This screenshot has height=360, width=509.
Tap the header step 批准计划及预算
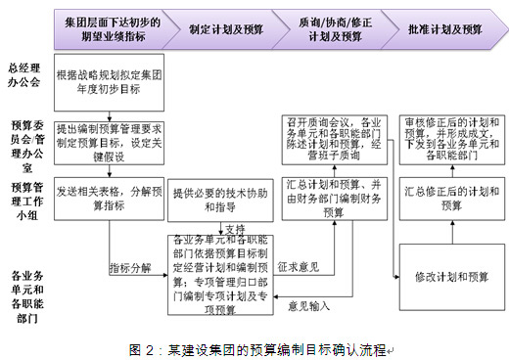click(x=441, y=30)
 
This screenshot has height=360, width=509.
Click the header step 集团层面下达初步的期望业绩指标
click(x=110, y=30)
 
